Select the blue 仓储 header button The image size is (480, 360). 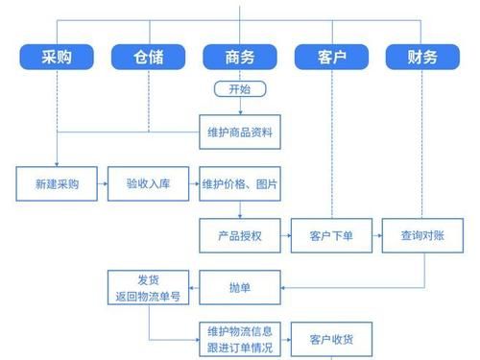[x=148, y=57]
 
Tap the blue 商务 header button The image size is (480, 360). [x=239, y=57]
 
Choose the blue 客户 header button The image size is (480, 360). [x=331, y=57]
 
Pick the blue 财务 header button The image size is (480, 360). [x=422, y=57]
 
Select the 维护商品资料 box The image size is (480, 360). [x=239, y=132]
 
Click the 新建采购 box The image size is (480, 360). [x=57, y=182]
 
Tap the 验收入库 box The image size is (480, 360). [x=149, y=182]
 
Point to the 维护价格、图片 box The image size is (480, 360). [x=239, y=182]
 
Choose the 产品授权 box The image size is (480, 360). [x=239, y=234]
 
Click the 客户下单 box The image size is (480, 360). [x=331, y=234]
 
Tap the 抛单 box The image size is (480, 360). [x=239, y=285]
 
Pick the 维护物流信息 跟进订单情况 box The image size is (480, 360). [x=239, y=339]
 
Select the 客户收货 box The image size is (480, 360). [x=331, y=339]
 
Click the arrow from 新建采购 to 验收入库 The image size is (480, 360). [x=103, y=182]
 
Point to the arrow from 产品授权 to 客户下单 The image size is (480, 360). [x=285, y=234]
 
